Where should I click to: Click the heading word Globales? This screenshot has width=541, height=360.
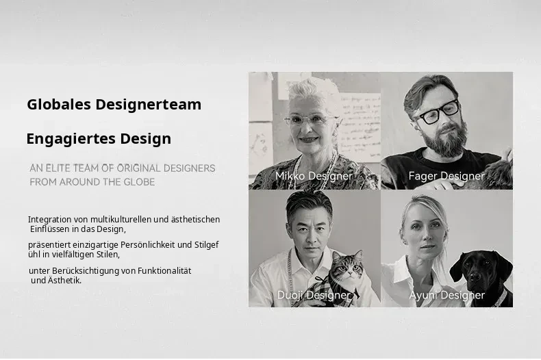(59, 104)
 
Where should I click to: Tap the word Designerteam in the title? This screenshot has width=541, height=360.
(149, 105)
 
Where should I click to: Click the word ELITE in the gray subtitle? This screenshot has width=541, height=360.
(58, 168)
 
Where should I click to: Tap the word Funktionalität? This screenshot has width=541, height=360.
(164, 271)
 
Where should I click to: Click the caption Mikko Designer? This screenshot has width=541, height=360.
(314, 176)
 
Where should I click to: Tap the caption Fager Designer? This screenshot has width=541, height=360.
(446, 176)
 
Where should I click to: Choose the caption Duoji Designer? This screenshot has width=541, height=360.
(314, 295)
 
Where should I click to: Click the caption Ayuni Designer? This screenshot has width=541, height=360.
(446, 295)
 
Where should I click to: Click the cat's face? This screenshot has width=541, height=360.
(347, 267)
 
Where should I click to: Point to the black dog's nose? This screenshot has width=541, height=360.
(477, 277)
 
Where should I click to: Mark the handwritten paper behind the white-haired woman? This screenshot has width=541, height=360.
(360, 127)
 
